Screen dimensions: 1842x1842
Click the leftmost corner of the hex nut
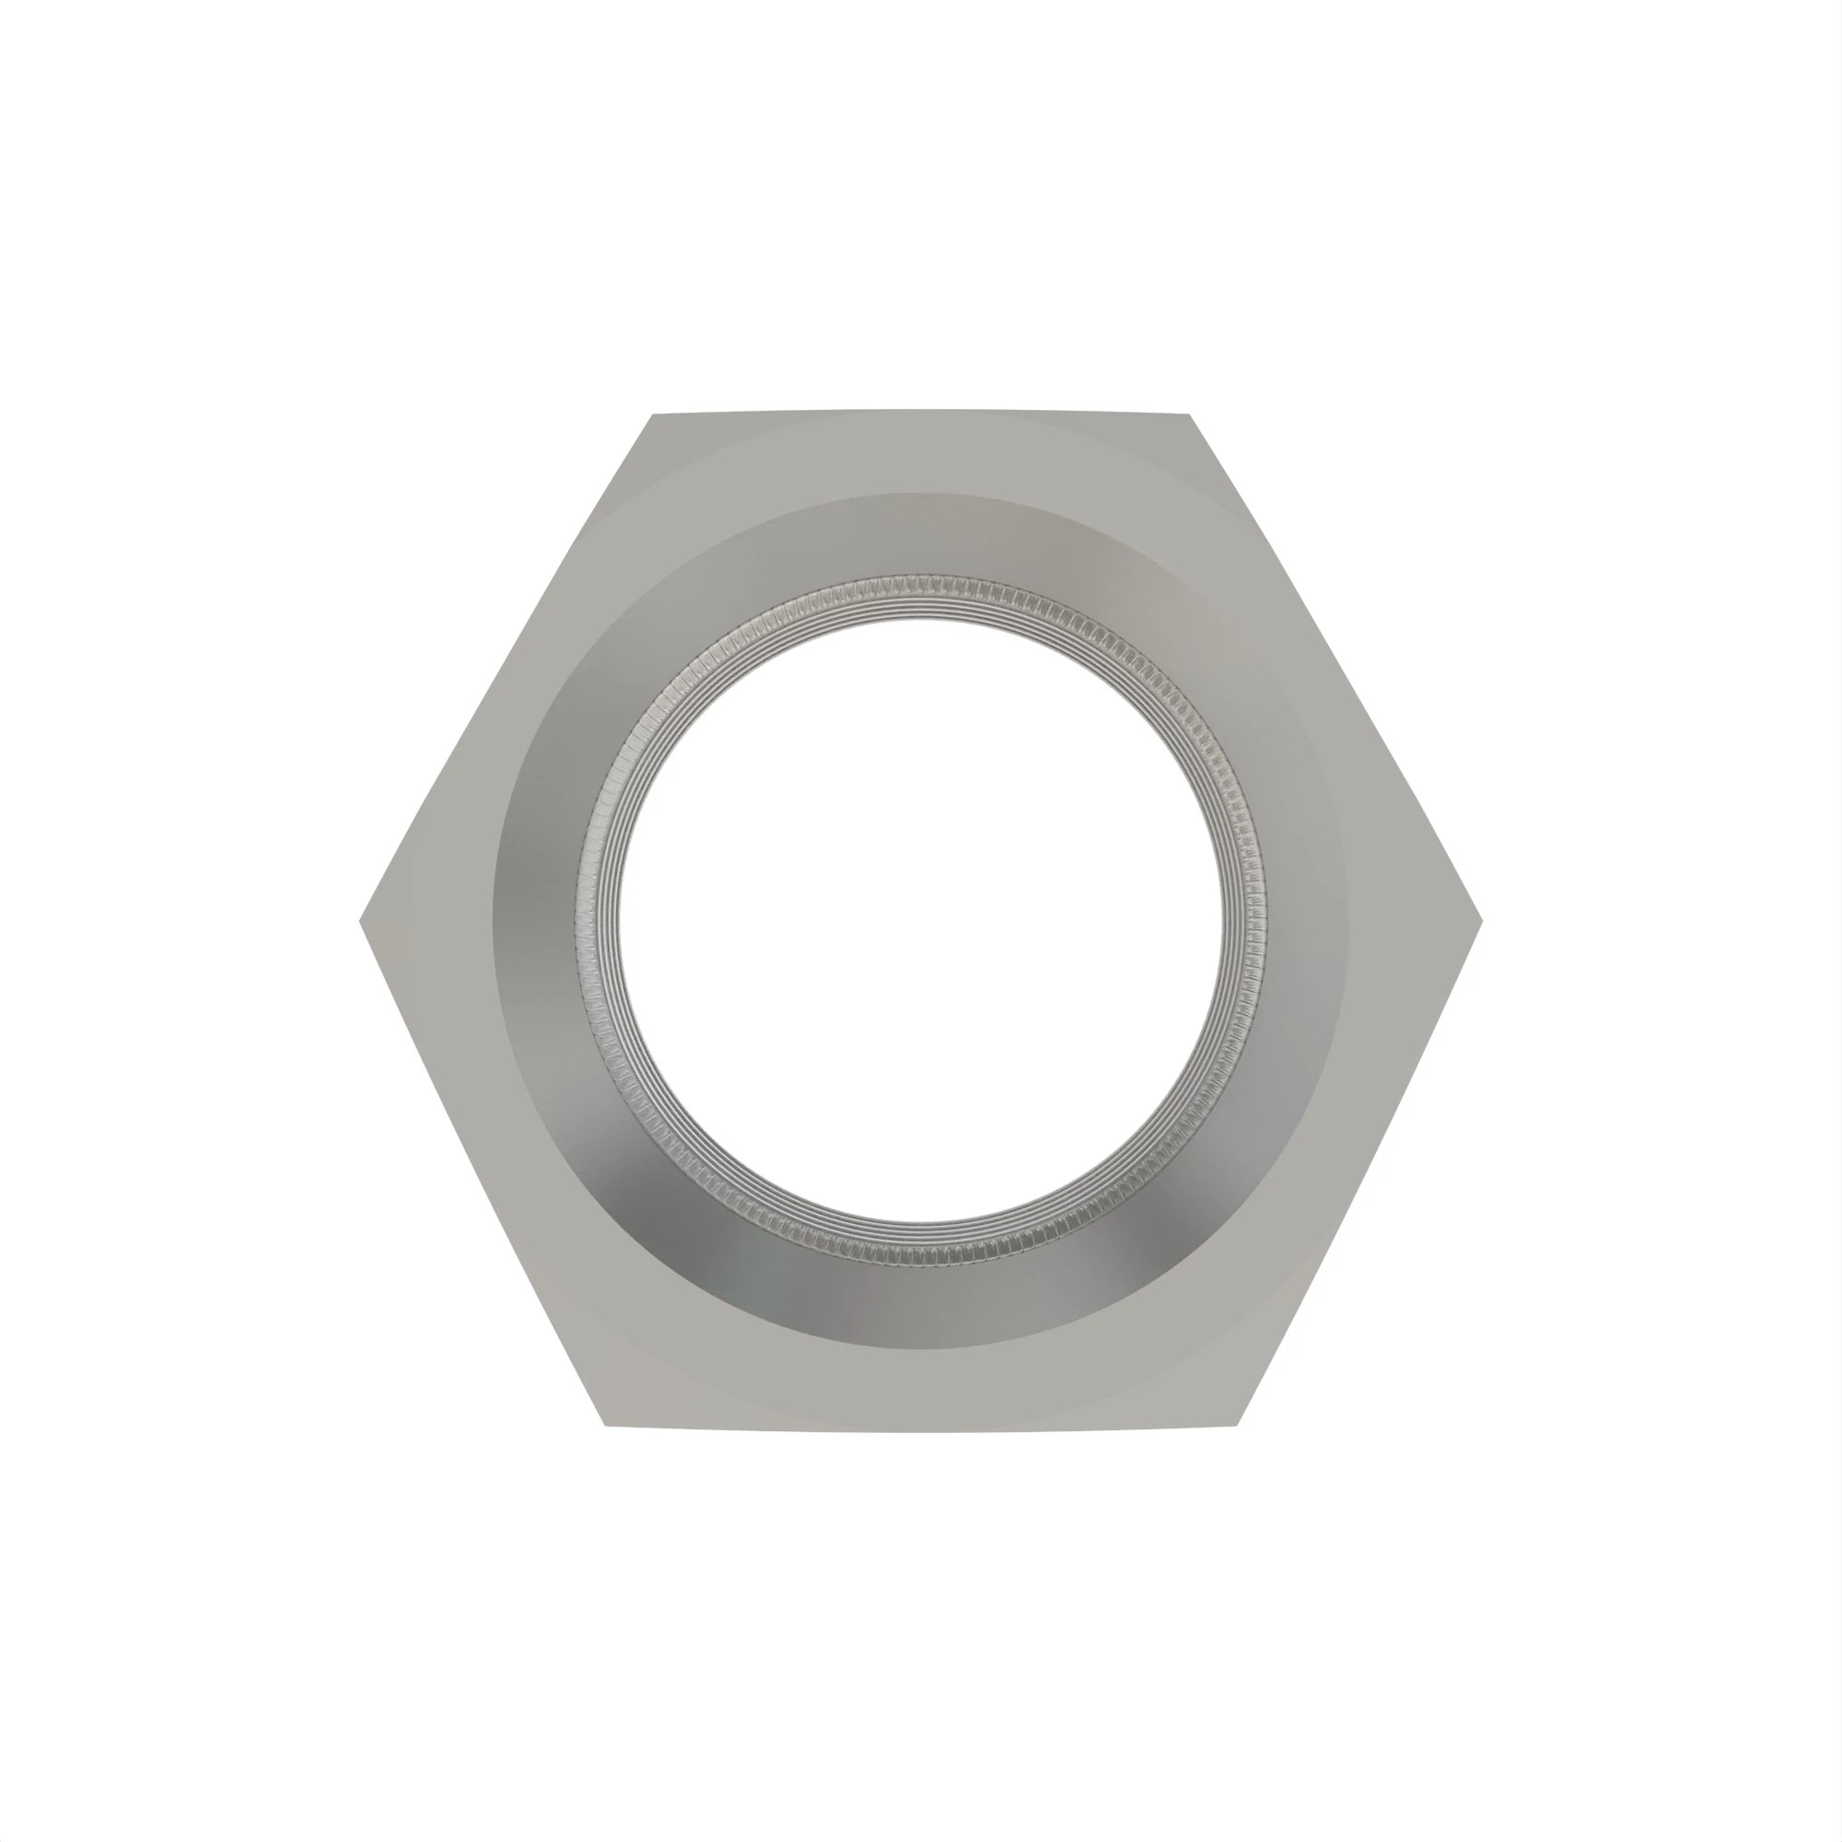coord(362,921)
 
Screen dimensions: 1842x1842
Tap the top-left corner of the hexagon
coord(653,416)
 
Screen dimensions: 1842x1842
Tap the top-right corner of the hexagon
coord(1188,416)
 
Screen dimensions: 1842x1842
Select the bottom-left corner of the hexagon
coord(607,1425)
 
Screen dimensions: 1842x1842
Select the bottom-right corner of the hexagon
coord(1237,1425)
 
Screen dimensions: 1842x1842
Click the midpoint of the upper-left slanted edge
coord(507,669)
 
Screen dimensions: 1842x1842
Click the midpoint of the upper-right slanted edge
coord(1335,669)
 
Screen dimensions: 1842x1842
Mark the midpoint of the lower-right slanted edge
coord(1358,1172)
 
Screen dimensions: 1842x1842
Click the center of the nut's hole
coord(921,921)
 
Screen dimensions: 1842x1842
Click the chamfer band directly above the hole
coord(921,534)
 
